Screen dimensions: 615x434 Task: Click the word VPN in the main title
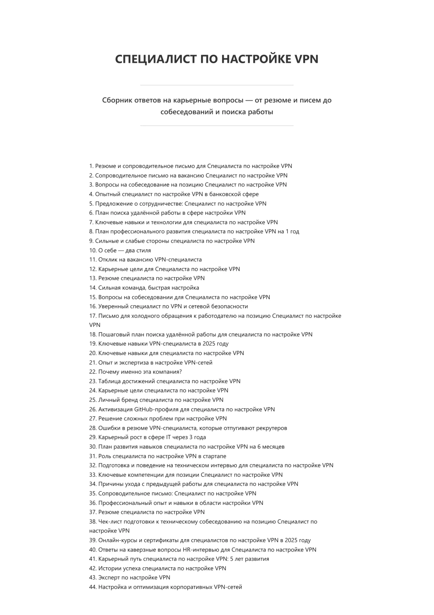(306, 59)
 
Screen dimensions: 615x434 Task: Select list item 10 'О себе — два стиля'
(120, 250)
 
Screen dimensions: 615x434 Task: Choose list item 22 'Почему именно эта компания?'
(135, 372)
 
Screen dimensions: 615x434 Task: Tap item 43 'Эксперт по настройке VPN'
(130, 577)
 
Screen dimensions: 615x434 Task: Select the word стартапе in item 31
(214, 456)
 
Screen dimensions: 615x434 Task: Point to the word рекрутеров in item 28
(272, 428)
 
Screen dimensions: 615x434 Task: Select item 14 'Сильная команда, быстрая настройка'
(144, 288)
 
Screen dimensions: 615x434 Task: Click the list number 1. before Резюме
(91, 166)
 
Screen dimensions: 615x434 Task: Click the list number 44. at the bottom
(93, 587)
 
